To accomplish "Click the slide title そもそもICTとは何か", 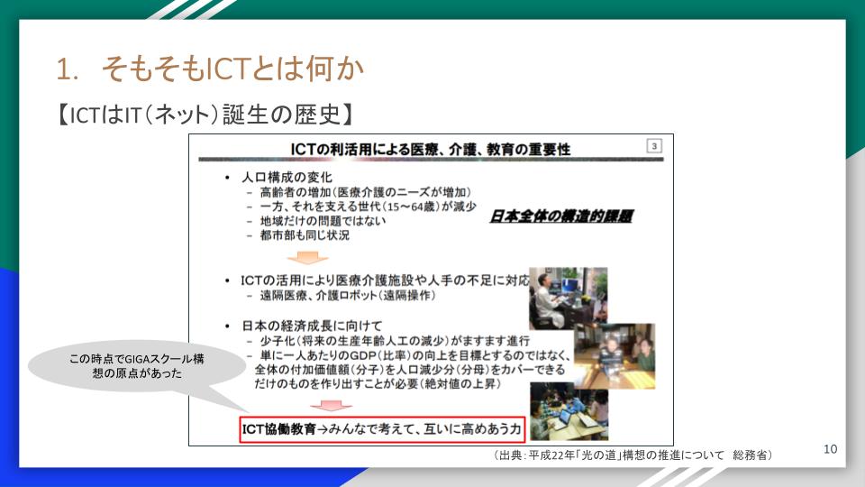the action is click(232, 69).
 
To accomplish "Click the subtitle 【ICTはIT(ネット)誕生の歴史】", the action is click(205, 115).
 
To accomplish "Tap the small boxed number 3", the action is click(654, 146).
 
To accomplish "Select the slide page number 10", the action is click(830, 449).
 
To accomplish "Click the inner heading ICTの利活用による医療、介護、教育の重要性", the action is click(431, 149).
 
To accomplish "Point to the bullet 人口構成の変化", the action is click(287, 178).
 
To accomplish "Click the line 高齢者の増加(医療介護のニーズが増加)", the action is click(365, 192).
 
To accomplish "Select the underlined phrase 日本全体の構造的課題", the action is click(561, 216).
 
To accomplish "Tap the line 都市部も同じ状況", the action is click(305, 235).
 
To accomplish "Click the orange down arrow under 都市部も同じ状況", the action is click(307, 257).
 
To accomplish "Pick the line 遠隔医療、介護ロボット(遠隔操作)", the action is click(348, 296).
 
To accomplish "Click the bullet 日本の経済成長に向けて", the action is click(312, 326).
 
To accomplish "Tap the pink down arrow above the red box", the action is click(331, 406).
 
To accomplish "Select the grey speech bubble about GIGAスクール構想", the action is click(136, 366).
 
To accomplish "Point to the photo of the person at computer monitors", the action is click(568, 299).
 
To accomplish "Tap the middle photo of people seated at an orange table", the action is click(615, 356).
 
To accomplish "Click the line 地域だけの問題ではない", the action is click(323, 221).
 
